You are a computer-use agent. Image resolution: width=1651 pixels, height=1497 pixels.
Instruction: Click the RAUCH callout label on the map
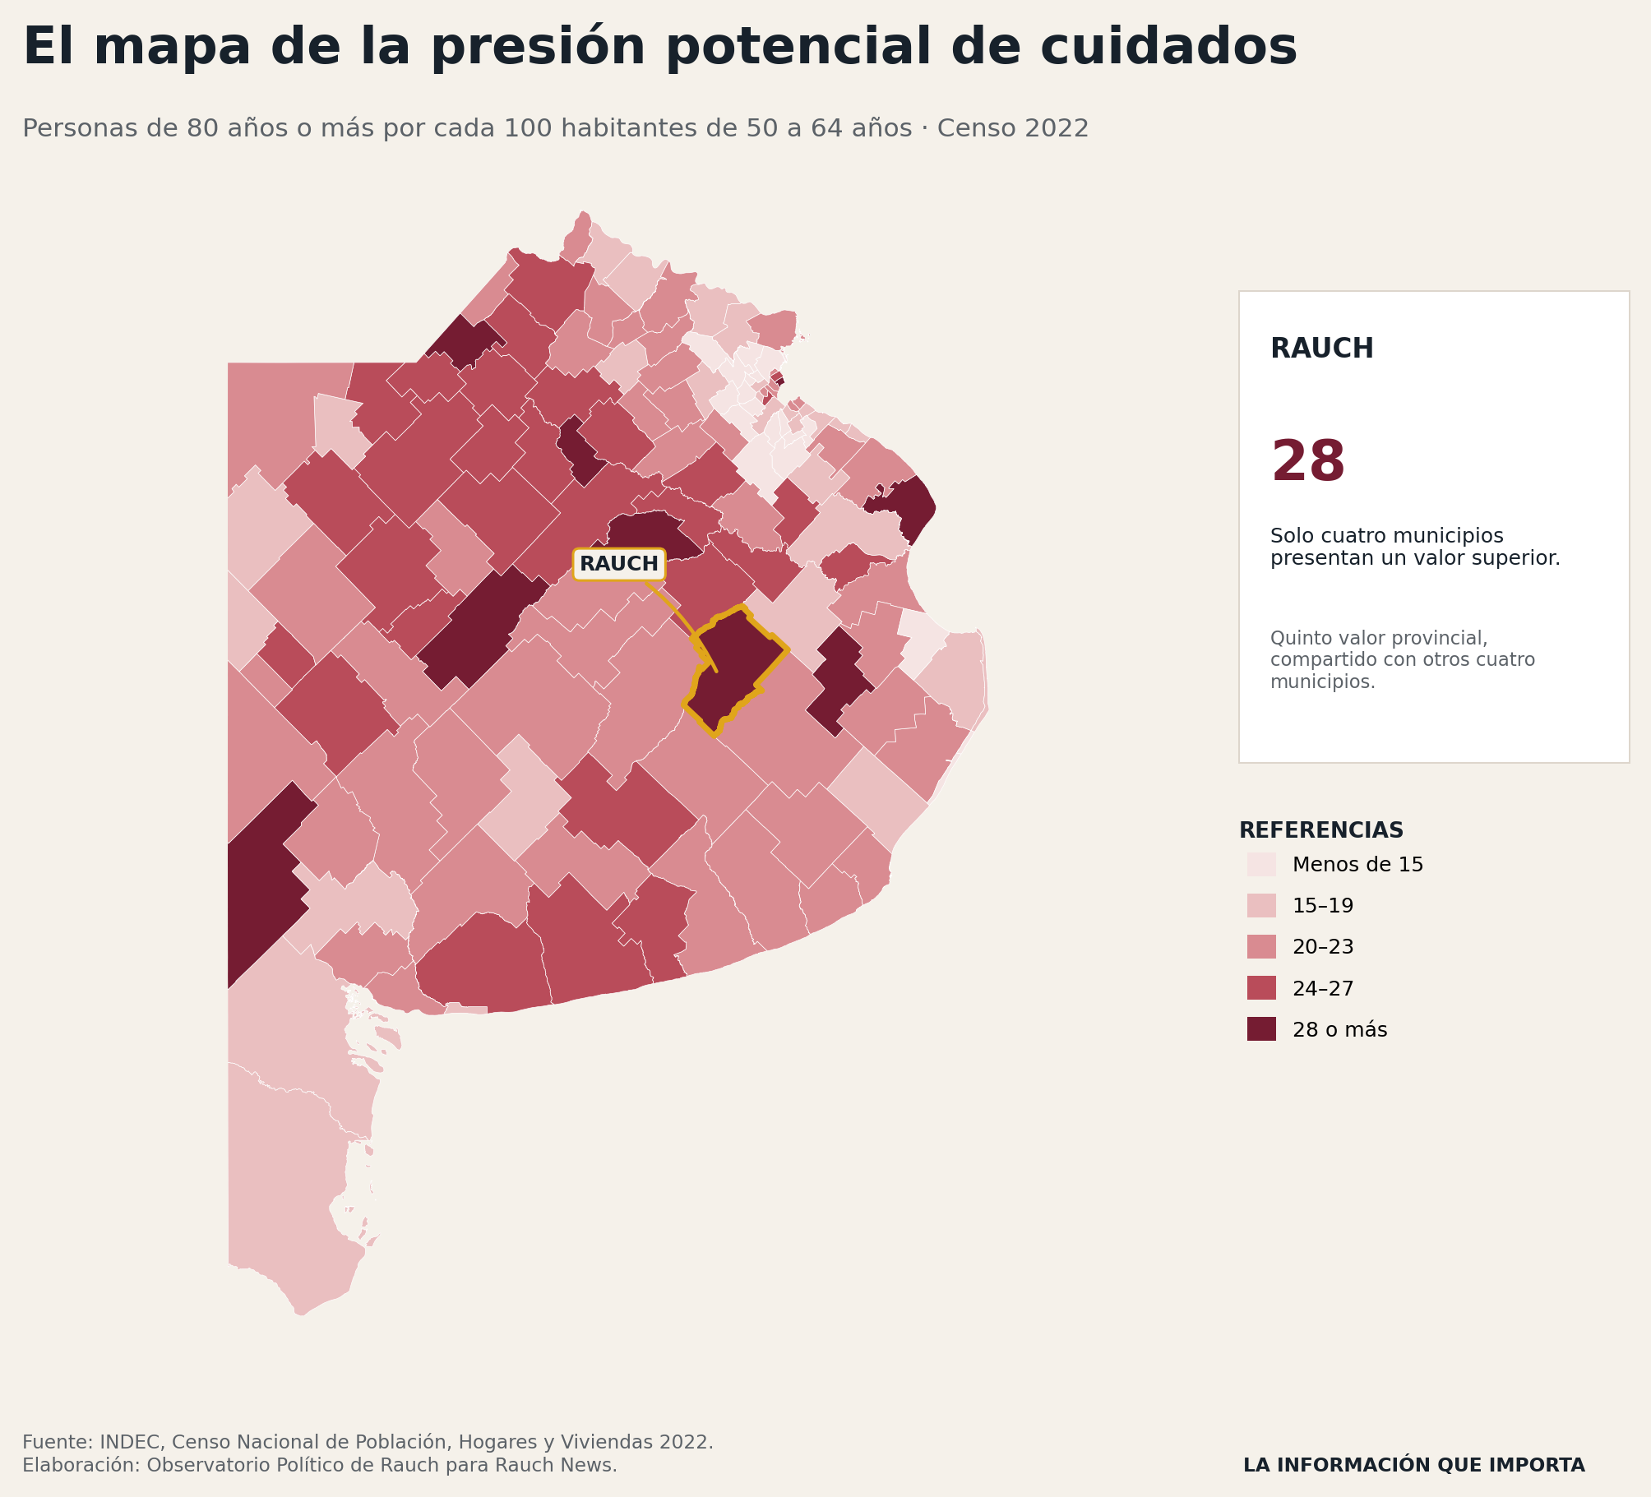click(619, 564)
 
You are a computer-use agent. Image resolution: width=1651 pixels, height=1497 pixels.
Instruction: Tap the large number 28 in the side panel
click(1307, 462)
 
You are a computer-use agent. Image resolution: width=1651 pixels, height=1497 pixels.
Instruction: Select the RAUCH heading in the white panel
click(1321, 349)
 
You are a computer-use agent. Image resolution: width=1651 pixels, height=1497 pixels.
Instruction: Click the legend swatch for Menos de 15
click(1261, 864)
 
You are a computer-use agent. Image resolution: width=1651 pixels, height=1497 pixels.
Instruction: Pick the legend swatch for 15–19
click(1261, 905)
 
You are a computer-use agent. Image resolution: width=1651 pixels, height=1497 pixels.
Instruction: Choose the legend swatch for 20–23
click(1261, 946)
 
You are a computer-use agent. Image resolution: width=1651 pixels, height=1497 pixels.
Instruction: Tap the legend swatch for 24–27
click(1261, 987)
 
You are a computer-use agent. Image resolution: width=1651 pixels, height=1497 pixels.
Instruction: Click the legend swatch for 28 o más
click(1261, 1028)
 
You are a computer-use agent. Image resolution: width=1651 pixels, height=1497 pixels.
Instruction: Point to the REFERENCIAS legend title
click(1320, 830)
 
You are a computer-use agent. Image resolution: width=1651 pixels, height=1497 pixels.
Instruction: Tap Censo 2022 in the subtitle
click(1013, 128)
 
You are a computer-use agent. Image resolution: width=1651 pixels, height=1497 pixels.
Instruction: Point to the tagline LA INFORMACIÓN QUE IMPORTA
click(1413, 1465)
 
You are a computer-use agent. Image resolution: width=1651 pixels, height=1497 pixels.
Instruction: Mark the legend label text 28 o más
click(1339, 1029)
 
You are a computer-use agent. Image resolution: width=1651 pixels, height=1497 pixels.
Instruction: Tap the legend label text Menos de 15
click(1357, 865)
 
